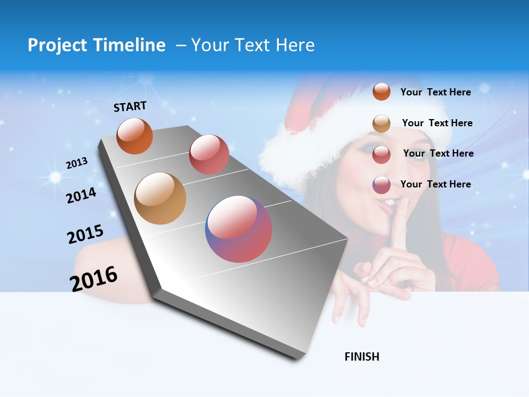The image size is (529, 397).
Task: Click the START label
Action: pos(130,106)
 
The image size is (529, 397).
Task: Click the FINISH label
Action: pos(362,357)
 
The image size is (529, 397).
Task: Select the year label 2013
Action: pos(77,163)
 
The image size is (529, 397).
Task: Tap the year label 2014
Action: pos(81,195)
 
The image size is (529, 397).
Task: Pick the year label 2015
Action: pos(85,234)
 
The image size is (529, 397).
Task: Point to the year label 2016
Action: pos(94,278)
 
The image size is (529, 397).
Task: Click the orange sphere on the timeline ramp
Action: pos(134,136)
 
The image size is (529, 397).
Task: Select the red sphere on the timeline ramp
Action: pos(209,154)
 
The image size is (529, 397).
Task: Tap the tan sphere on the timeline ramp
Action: pos(160,198)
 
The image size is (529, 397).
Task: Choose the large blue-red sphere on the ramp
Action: pos(239,229)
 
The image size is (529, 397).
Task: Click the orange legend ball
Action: pos(381,92)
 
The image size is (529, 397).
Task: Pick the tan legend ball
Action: pos(381,123)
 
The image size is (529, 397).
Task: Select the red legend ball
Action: pos(381,154)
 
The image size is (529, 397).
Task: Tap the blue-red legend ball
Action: pos(381,185)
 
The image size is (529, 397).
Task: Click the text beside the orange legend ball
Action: pos(435,92)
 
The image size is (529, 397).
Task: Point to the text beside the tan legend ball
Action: pos(437,123)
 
